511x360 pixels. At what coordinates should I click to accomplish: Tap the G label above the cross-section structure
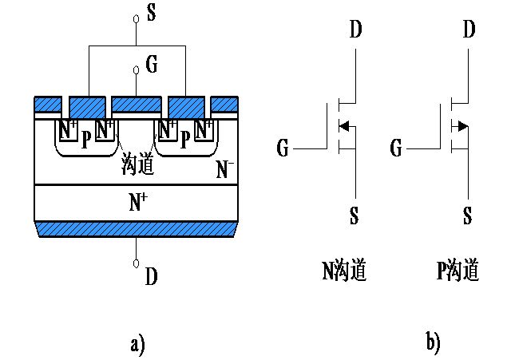tap(151, 62)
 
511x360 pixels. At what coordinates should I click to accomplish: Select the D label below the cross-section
tap(152, 276)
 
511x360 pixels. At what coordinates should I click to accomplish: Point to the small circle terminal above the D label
tap(137, 263)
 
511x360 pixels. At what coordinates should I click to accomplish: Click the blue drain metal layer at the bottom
tap(137, 229)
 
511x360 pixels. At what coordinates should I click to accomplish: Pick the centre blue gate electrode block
tap(137, 104)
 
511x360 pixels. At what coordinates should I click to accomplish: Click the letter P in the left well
tap(85, 138)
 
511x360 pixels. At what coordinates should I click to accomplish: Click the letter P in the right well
tap(185, 138)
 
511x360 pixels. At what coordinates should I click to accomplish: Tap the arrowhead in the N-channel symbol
tap(344, 125)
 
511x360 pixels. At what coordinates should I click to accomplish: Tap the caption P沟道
tap(458, 271)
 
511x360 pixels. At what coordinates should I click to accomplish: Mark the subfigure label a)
tap(137, 344)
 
